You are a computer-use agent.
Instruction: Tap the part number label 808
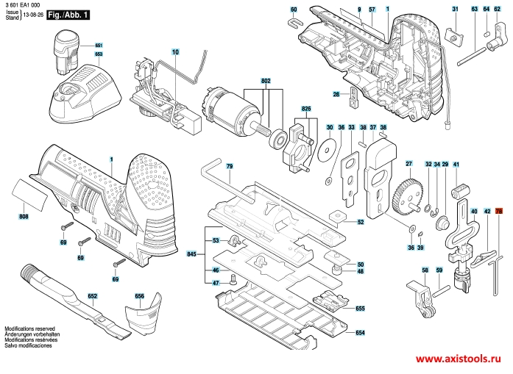(x=24, y=217)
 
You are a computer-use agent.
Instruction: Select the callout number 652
(x=93, y=296)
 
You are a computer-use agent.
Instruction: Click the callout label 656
(x=139, y=296)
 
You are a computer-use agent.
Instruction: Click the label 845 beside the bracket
(x=192, y=253)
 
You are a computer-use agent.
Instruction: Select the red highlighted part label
(x=498, y=212)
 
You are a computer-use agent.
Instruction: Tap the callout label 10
(x=175, y=51)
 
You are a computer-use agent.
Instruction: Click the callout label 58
(x=425, y=271)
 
